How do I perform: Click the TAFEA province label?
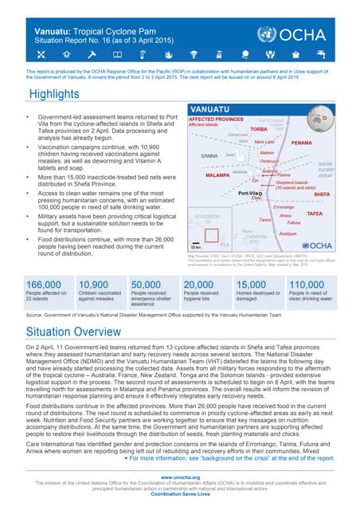(x=314, y=214)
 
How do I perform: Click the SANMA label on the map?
(x=209, y=155)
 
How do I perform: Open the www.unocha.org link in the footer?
(x=180, y=477)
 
